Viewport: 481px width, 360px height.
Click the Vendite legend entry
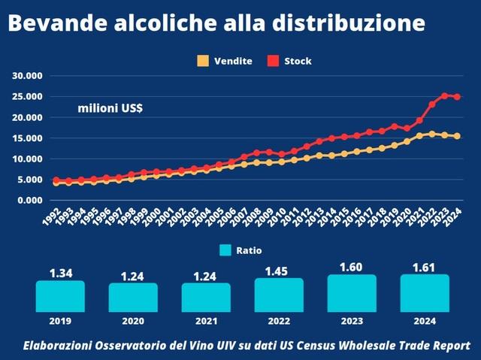(225, 61)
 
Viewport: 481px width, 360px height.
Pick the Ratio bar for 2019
(61, 296)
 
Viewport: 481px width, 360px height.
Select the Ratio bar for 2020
(133, 297)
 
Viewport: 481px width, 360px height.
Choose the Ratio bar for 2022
(279, 295)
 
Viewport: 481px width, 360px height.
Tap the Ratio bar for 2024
(425, 292)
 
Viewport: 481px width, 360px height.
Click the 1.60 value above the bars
(352, 268)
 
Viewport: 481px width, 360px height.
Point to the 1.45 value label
(279, 271)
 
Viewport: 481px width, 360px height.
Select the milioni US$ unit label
(110, 109)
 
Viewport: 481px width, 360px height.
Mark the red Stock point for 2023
(445, 95)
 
